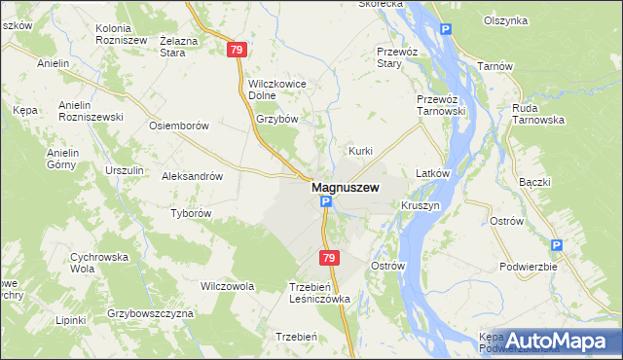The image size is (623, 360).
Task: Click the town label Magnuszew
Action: [x=345, y=187]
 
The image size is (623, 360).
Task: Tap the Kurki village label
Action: [x=361, y=151]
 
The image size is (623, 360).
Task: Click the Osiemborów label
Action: [x=178, y=126]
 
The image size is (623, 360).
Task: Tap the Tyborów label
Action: [x=191, y=213]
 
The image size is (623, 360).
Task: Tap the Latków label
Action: [x=431, y=173]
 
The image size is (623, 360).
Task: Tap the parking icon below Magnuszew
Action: [x=326, y=203]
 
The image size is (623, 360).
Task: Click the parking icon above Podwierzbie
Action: [x=556, y=246]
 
